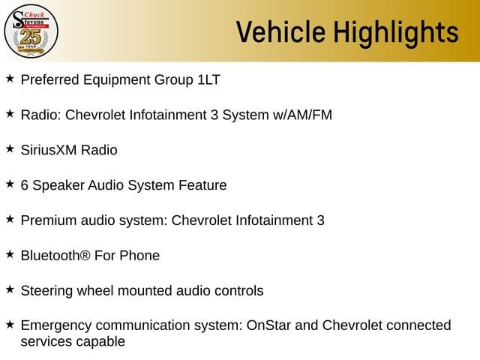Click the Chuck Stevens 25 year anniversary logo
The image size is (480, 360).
[31, 31]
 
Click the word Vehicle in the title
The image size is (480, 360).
[280, 31]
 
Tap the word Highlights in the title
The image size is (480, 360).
[396, 33]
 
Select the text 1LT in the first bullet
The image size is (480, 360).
[208, 80]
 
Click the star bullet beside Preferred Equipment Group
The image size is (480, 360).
[10, 78]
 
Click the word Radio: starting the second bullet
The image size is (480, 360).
[41, 115]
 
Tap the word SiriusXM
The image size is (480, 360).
[49, 150]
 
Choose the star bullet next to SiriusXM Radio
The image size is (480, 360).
[10, 148]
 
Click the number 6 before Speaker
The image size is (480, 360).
[25, 185]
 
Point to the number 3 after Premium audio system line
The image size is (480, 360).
[320, 220]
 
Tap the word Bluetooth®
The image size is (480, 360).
[55, 256]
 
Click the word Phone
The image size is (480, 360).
[139, 256]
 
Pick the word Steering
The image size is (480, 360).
[46, 291]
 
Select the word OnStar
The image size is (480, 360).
[268, 325]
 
